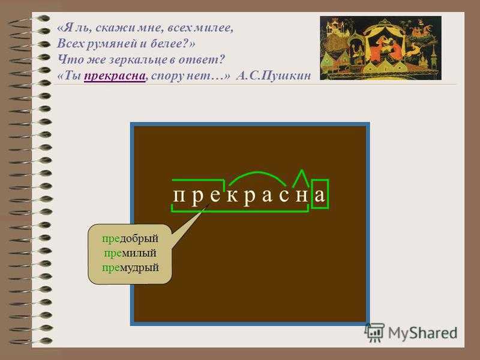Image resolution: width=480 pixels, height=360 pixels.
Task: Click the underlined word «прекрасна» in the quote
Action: tap(115, 76)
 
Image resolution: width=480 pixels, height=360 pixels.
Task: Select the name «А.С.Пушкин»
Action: tap(274, 76)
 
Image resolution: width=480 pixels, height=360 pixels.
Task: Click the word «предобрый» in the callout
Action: tap(130, 239)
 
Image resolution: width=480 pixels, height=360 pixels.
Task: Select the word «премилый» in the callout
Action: tap(130, 253)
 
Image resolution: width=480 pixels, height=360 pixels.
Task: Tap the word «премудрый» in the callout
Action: tap(130, 268)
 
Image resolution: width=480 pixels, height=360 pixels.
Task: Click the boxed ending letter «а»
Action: tap(320, 194)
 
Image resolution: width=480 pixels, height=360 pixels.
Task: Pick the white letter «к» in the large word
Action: tap(233, 196)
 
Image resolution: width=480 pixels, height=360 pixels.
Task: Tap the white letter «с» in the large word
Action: tap(284, 196)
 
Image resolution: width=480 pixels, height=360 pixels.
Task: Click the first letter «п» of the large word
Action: tap(179, 196)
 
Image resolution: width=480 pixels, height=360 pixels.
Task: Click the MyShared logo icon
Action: tap(374, 332)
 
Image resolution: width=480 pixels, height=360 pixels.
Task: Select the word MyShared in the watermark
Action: tap(423, 333)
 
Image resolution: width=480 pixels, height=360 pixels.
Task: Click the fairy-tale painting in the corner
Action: tap(380, 48)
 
